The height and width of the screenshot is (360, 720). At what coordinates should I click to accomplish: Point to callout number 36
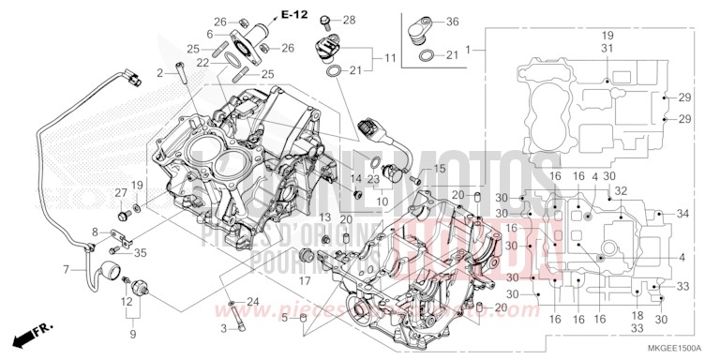[452, 22]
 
